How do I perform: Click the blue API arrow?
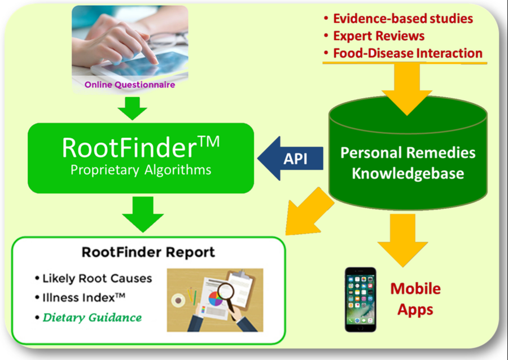(290, 159)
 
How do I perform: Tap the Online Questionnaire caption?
(130, 85)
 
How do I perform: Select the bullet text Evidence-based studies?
(403, 19)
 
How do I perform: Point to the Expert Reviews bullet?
(379, 36)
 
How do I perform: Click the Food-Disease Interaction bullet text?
(408, 53)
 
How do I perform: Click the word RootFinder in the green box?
(129, 148)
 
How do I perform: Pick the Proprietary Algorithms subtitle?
(141, 170)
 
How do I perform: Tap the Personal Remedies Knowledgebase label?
(408, 163)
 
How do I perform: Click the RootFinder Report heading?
(148, 252)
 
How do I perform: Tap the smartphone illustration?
(360, 300)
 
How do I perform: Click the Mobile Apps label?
(415, 299)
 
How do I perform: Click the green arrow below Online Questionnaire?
(132, 108)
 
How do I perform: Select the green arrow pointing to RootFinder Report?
(143, 214)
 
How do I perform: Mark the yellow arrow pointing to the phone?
(402, 240)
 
